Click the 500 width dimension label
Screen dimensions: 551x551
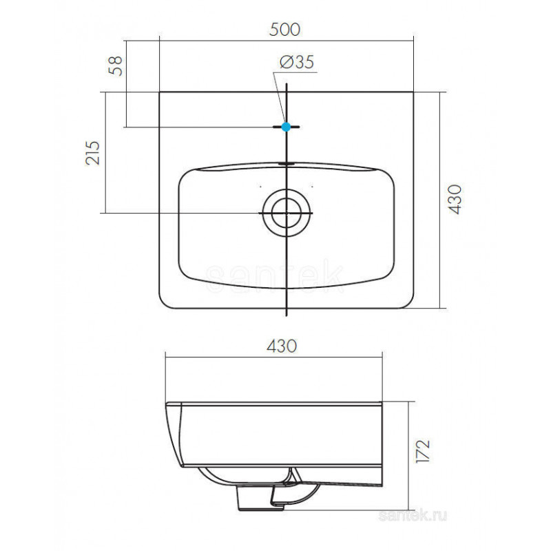click(x=284, y=30)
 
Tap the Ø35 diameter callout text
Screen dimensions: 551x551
click(x=297, y=62)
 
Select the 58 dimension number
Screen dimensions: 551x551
click(x=116, y=65)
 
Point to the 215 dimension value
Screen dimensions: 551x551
click(x=93, y=153)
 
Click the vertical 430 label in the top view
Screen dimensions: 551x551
click(x=455, y=199)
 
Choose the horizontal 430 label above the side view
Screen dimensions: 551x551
click(x=282, y=346)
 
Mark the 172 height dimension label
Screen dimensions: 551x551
click(x=423, y=451)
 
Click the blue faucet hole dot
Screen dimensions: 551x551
click(x=287, y=127)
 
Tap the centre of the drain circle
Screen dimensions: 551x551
click(x=287, y=213)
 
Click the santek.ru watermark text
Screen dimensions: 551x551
click(x=413, y=516)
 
